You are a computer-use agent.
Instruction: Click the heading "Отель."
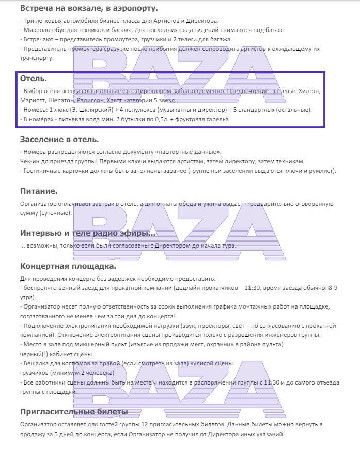(34, 79)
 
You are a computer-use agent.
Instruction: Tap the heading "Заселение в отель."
(59, 140)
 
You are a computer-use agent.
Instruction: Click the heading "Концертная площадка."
(68, 266)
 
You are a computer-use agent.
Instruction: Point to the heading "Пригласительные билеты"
(74, 412)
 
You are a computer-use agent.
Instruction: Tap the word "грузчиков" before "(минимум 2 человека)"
(36, 373)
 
